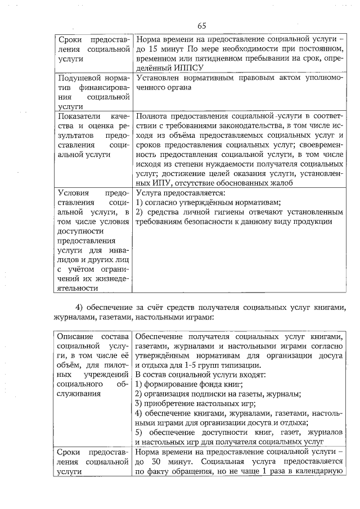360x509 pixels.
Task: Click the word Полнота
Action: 152,115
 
